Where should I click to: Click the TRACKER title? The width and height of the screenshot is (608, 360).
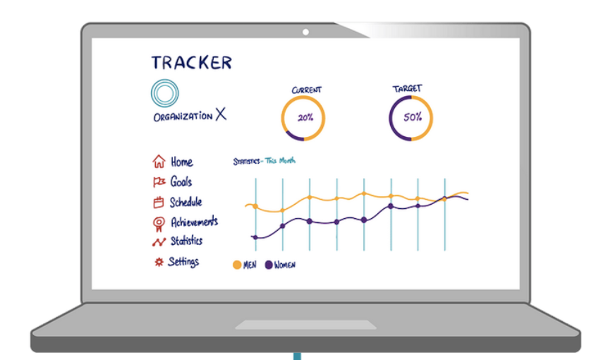point(192,62)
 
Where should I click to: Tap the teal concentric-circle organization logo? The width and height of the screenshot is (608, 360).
point(165,93)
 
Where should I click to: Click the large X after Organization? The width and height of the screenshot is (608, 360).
point(221,114)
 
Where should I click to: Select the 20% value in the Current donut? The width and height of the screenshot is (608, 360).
point(305,118)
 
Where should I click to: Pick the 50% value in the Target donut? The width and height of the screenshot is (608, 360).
point(413,117)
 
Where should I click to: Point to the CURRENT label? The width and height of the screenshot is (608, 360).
point(306,90)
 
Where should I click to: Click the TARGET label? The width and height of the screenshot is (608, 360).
point(407,89)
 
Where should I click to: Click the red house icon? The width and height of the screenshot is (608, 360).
point(159,162)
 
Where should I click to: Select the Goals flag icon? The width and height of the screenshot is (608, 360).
point(159,182)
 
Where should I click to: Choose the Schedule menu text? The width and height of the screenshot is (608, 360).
point(186,202)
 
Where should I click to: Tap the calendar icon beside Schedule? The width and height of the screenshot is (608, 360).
point(158,202)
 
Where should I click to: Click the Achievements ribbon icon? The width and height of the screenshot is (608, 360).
point(159,224)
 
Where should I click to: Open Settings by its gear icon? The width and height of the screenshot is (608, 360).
point(159,263)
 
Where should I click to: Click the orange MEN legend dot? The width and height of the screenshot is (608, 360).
point(237,265)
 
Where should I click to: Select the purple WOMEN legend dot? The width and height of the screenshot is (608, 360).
point(268,265)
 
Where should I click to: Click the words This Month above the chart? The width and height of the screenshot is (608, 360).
point(280,161)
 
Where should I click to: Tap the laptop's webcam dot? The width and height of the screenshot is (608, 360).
point(305,32)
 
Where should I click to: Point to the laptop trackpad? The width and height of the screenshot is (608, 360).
point(305,325)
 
